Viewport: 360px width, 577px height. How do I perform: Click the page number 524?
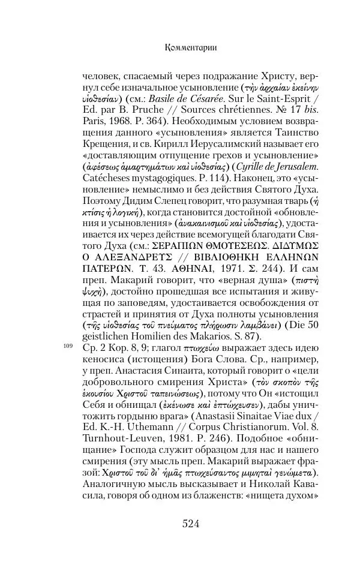(x=190, y=523)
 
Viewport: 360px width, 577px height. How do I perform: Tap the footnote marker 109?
(x=67, y=347)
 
